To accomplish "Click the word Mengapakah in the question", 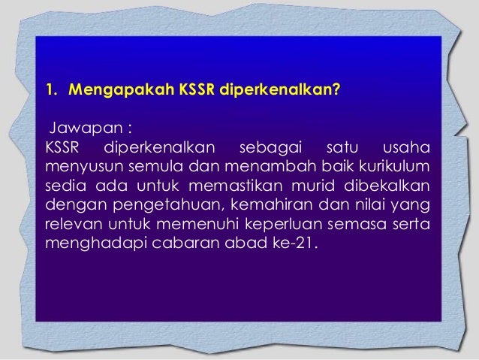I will coord(120,92).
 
